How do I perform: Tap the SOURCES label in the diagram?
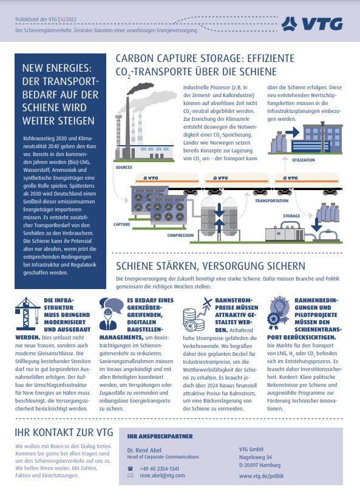123,167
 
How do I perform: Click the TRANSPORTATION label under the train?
272,200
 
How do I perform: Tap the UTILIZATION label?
304,160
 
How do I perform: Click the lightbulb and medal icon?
279,313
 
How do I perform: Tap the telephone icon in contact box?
130,469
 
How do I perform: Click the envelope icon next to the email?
130,476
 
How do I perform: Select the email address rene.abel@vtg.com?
162,476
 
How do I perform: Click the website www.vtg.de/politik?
260,476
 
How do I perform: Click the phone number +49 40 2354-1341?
160,469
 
